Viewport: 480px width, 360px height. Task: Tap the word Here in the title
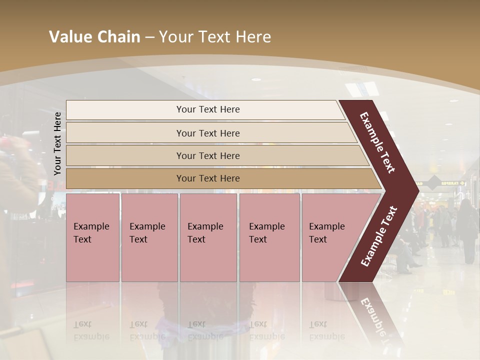pos(253,37)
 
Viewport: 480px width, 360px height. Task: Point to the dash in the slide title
pos(149,37)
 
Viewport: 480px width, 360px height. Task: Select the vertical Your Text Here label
pos(57,143)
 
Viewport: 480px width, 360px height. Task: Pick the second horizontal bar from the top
pos(207,133)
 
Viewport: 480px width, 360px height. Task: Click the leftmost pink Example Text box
pos(92,237)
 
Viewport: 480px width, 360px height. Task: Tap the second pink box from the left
pos(149,237)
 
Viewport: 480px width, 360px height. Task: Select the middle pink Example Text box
pos(208,237)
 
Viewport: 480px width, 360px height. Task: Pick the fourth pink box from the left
pos(269,237)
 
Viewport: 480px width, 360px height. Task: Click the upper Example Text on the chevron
pos(377,142)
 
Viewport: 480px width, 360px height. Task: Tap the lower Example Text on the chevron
pos(379,236)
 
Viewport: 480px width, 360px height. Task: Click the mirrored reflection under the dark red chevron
pos(372,315)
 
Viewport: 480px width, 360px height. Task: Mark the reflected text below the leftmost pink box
pos(91,330)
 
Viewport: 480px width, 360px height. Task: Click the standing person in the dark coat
pos(467,230)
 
